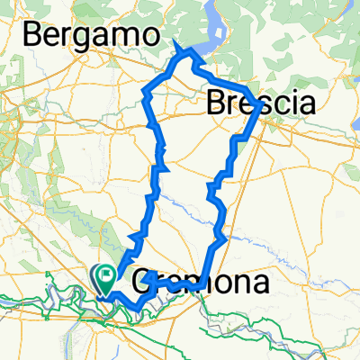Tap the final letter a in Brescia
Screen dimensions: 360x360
tap(306, 104)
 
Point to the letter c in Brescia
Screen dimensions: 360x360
tap(280, 104)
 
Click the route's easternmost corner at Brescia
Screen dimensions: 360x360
tap(260, 105)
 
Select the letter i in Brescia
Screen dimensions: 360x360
tap(292, 103)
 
